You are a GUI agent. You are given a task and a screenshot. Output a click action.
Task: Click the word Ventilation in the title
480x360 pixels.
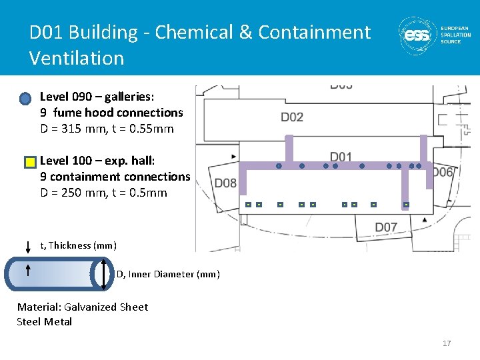tap(77, 58)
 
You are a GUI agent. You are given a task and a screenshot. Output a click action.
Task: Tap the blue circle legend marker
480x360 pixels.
tap(25, 99)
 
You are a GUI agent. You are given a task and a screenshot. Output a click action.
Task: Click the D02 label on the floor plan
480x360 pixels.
tap(292, 117)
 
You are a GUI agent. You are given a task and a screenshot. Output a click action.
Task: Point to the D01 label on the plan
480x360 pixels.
tap(341, 157)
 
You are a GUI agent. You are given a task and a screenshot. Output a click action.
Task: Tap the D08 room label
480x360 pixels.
tap(225, 183)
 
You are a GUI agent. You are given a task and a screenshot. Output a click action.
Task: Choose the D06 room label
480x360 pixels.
tap(442, 173)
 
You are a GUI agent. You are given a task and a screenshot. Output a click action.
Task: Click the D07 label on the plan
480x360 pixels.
tap(386, 227)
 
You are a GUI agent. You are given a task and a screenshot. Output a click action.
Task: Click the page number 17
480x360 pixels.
tap(447, 343)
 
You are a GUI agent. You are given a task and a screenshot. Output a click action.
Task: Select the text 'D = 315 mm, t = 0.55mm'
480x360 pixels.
tap(107, 129)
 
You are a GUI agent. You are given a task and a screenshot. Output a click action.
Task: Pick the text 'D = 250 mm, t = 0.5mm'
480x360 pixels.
tap(103, 193)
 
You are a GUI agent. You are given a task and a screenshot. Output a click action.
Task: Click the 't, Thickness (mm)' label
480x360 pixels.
tap(79, 245)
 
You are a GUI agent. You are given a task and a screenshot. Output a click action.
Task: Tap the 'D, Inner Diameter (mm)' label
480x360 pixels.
tap(168, 274)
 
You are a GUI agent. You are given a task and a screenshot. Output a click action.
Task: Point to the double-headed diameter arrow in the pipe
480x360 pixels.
tap(105, 274)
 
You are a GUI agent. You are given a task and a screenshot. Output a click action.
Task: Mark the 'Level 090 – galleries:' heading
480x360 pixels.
tap(97, 97)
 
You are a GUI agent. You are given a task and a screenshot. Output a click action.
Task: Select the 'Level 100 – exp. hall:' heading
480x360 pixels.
tap(97, 160)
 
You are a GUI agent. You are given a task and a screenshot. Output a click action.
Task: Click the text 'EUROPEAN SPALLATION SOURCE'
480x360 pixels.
tap(455, 35)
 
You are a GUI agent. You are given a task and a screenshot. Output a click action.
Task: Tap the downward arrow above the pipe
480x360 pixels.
tap(28, 247)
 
